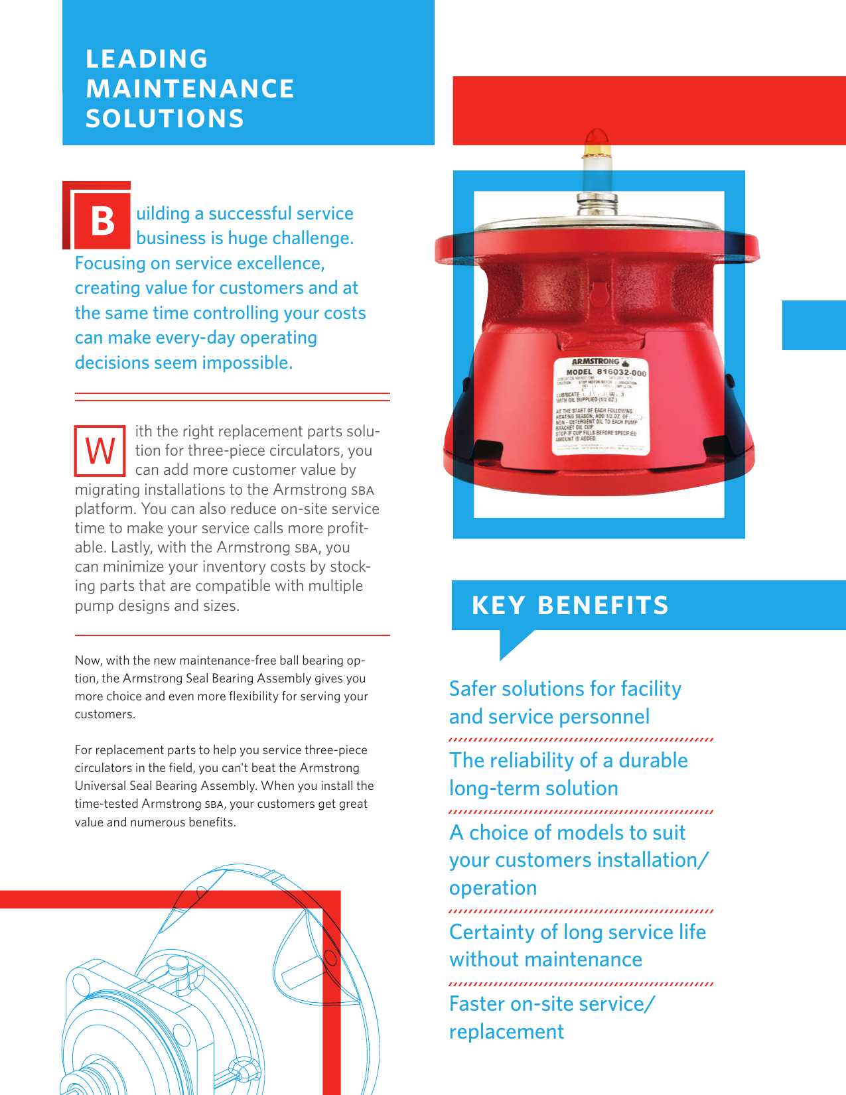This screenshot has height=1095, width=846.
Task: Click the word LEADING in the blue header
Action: (x=147, y=59)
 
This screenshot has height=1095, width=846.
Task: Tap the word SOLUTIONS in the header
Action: (x=165, y=119)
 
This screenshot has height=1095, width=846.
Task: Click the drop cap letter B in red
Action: (x=102, y=222)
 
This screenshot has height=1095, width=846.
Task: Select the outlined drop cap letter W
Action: (x=100, y=452)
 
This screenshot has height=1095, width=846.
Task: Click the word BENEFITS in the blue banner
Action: (x=602, y=606)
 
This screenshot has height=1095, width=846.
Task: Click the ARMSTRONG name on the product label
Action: (x=595, y=362)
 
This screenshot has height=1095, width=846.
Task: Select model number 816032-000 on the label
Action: (x=621, y=372)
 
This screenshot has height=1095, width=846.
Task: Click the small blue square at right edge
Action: (x=813, y=325)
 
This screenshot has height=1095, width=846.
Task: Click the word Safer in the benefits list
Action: (x=472, y=689)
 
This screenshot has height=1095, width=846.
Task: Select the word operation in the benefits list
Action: (x=492, y=888)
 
